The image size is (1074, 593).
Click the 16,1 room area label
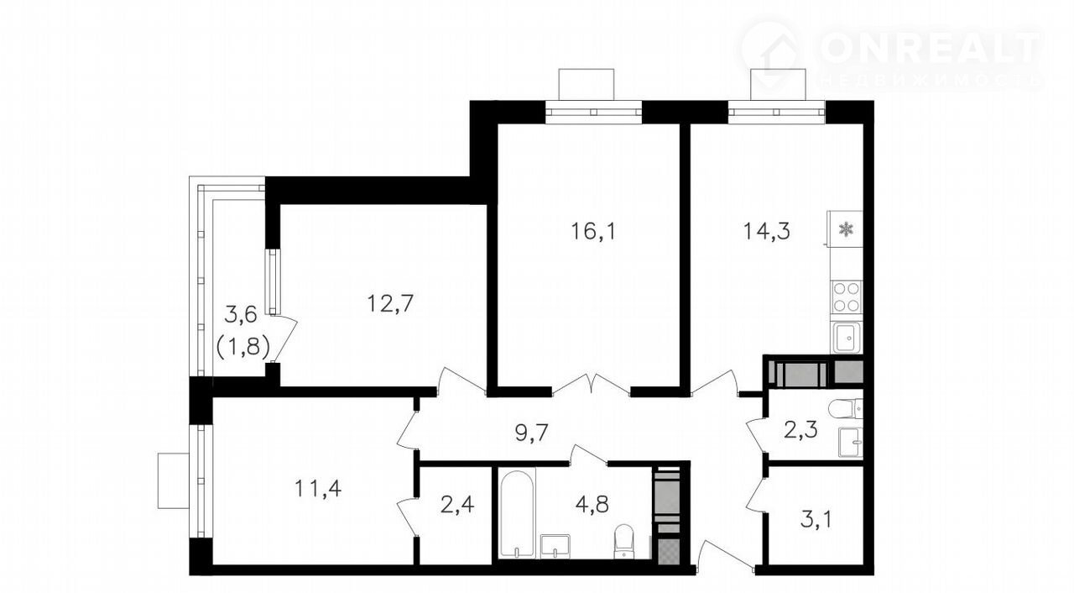point(593,232)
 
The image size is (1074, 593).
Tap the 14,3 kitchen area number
point(767,231)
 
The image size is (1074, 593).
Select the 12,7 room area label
point(390,304)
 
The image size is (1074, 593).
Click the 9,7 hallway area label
point(531,433)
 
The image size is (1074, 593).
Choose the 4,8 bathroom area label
point(592,505)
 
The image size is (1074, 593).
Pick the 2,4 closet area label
point(457,505)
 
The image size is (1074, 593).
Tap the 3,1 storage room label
point(816,519)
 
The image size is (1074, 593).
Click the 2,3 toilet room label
point(800,430)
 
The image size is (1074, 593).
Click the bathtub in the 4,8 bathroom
point(517,514)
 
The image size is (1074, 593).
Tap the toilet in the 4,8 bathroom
point(623,542)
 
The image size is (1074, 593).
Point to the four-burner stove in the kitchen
point(847,297)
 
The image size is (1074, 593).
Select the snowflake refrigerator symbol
point(847,228)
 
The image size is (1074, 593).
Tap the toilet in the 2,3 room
point(846,408)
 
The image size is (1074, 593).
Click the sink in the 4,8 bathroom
point(555,547)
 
